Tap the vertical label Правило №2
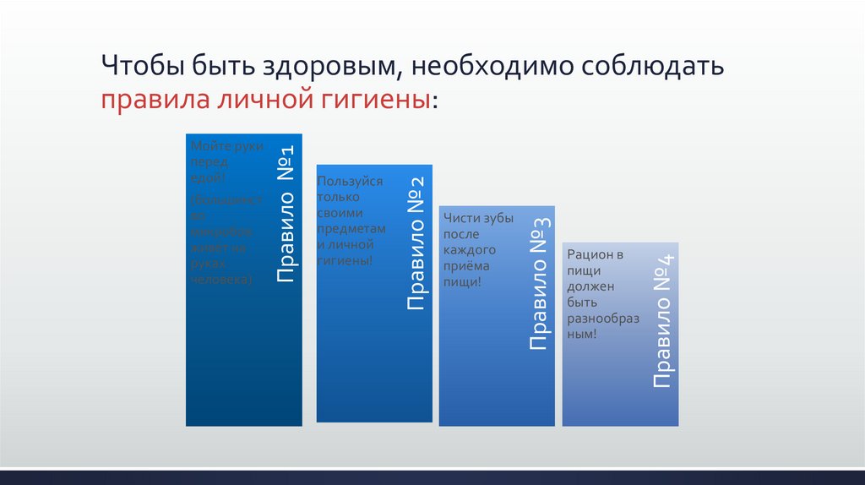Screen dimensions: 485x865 415,244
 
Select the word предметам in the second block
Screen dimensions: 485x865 351,229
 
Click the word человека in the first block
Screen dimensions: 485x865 220,279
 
